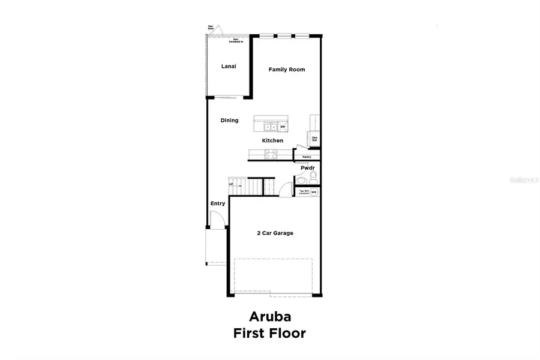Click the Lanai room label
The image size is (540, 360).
click(227, 66)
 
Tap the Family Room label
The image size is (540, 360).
click(286, 70)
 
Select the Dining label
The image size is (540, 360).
click(229, 121)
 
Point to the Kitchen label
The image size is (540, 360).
click(272, 141)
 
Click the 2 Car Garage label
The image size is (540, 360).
click(275, 233)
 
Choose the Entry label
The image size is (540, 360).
click(218, 204)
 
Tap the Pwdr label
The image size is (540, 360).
click(307, 169)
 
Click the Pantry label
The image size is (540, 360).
click(307, 157)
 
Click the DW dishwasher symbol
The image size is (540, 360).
click(281, 127)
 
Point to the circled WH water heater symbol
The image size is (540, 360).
click(313, 192)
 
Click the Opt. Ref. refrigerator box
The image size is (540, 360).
click(314, 139)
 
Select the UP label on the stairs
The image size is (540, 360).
click(231, 184)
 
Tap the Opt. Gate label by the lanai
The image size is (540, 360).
click(211, 27)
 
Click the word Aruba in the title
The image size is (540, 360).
click(269, 316)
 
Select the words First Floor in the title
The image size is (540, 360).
click(269, 333)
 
